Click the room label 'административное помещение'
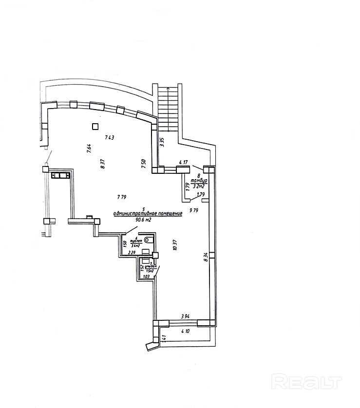147,213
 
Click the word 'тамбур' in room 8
199,181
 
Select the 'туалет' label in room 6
136,241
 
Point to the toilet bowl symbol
149,239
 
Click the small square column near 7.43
95,127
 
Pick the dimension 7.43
110,138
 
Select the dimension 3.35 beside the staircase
162,142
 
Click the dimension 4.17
184,162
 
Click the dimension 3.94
185,316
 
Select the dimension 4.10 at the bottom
185,332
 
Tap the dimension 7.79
122,197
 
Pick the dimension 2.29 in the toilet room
132,253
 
